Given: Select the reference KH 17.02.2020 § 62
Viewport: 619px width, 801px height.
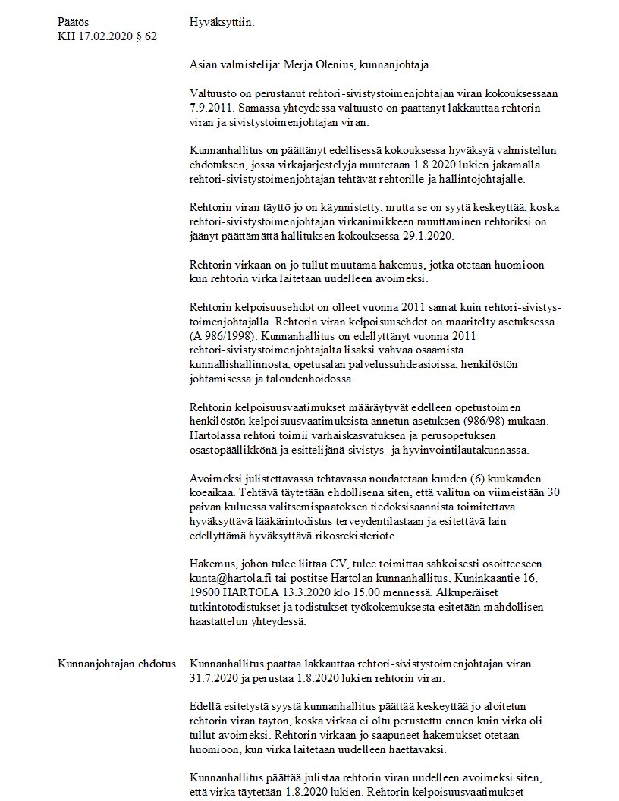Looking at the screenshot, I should click(x=107, y=36).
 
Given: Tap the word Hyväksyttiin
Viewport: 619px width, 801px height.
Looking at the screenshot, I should click(x=222, y=22).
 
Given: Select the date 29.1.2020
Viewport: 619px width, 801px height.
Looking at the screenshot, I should click(x=426, y=237).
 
